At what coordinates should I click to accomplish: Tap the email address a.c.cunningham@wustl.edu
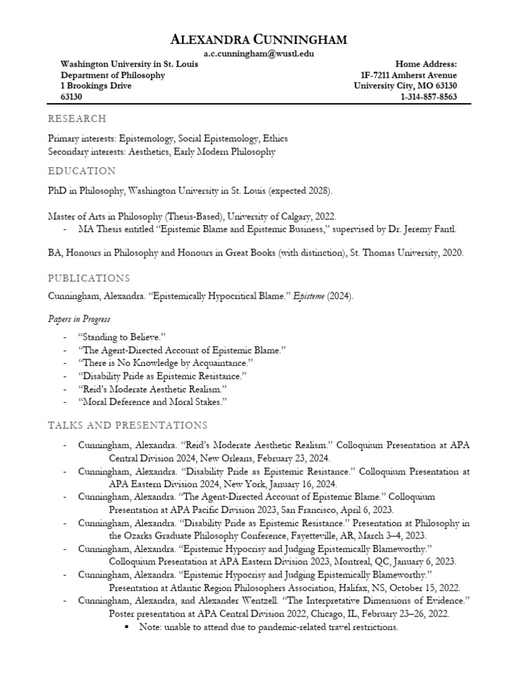tap(259, 54)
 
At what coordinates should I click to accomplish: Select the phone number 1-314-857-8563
tap(428, 96)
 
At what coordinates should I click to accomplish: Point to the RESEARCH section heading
tap(77, 119)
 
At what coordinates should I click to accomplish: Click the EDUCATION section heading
tap(81, 170)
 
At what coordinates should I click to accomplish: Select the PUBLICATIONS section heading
tap(88, 278)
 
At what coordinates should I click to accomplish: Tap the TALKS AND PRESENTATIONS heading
tap(127, 425)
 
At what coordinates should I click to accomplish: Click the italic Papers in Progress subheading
tap(79, 319)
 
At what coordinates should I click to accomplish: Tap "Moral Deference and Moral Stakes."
tap(152, 402)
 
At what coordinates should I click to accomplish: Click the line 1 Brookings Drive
tap(96, 86)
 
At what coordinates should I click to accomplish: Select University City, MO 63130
tap(405, 86)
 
